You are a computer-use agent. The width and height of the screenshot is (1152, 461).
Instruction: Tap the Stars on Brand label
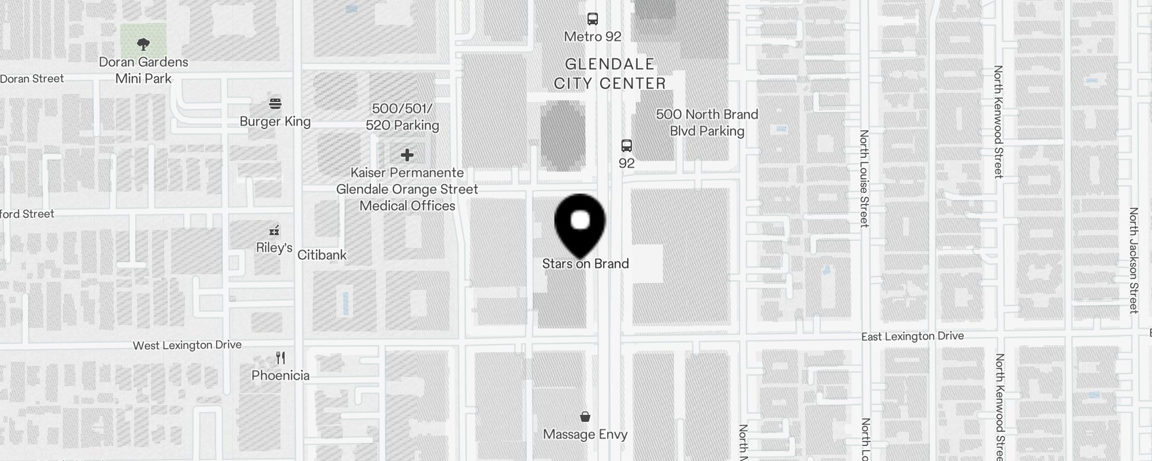[x=585, y=264]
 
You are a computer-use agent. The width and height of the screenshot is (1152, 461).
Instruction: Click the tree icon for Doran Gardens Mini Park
[x=143, y=44]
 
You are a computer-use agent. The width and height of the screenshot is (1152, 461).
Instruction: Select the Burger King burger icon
[x=275, y=104]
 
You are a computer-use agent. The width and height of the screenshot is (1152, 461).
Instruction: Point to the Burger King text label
[x=275, y=122]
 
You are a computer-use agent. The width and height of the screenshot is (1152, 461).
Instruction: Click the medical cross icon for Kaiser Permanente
[x=407, y=155]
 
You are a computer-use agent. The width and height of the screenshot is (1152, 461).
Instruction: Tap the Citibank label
[x=322, y=255]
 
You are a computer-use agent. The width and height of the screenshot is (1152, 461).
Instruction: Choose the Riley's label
[x=274, y=248]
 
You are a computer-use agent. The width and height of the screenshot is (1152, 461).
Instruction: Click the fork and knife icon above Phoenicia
[x=281, y=358]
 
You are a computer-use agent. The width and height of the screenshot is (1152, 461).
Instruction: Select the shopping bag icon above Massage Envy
[x=585, y=417]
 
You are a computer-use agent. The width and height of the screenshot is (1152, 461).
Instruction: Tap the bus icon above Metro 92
[x=593, y=19]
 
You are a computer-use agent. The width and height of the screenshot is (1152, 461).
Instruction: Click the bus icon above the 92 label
[x=627, y=146]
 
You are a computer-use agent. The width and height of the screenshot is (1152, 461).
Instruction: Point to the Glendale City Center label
[x=609, y=74]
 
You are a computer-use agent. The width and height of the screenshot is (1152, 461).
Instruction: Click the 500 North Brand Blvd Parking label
[x=707, y=123]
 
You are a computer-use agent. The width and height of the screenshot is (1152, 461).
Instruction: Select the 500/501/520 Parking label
[x=402, y=117]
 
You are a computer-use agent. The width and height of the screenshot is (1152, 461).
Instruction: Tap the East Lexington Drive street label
[x=912, y=336]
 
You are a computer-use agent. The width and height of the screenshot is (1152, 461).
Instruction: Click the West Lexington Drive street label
[x=187, y=345]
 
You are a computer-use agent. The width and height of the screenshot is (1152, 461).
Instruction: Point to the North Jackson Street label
[x=1134, y=260]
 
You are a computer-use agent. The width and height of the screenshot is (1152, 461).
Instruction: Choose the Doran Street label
[x=32, y=79]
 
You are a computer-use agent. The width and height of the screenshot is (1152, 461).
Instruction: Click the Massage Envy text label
[x=585, y=434]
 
